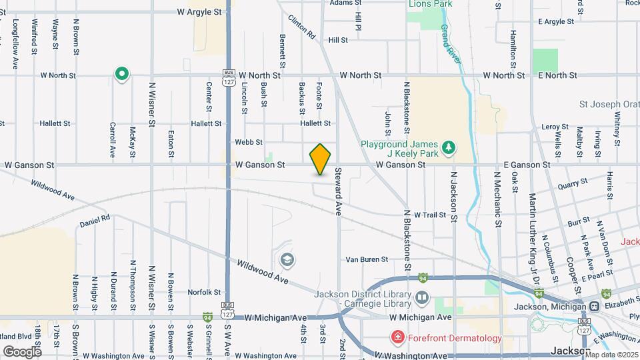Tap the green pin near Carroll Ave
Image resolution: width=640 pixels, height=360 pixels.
pyautogui.click(x=121, y=75)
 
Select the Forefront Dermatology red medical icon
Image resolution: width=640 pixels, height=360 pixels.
pyautogui.click(x=398, y=338)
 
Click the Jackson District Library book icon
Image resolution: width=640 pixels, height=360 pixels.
pyautogui.click(x=422, y=297)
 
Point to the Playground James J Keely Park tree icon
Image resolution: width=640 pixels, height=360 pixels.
pyautogui.click(x=450, y=145)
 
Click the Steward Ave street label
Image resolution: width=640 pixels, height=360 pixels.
pyautogui.click(x=338, y=190)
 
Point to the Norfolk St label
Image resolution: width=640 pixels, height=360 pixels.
pyautogui.click(x=204, y=292)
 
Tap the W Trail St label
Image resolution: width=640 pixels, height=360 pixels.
pyautogui.click(x=429, y=215)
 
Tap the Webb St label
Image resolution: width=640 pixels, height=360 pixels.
pyautogui.click(x=249, y=142)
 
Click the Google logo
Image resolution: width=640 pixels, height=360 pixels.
pyautogui.click(x=22, y=351)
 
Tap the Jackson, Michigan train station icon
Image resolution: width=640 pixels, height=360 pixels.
pyautogui.click(x=593, y=307)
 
